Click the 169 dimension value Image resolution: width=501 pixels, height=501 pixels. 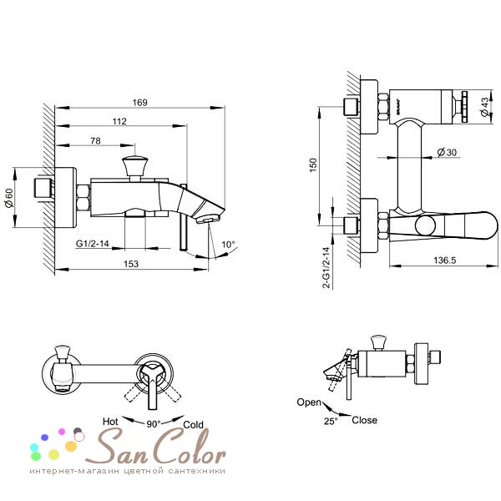click(x=140, y=103)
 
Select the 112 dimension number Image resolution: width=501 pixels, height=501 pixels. click(x=119, y=121)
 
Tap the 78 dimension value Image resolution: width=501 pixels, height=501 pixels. click(x=95, y=141)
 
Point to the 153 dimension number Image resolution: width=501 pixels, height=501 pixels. click(x=131, y=264)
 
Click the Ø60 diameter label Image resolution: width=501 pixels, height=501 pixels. click(x=9, y=198)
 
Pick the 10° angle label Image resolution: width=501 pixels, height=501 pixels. click(x=228, y=245)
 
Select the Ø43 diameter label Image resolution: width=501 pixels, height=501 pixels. click(x=484, y=107)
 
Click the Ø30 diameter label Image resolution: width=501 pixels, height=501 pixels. click(x=447, y=153)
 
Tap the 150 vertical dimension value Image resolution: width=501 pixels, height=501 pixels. click(x=313, y=164)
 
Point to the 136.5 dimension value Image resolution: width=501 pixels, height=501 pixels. click(x=445, y=261)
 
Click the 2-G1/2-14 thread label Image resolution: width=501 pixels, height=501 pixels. click(x=326, y=268)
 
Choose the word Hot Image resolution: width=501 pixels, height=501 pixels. click(x=110, y=422)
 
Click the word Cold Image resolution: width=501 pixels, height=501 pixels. click(x=194, y=425)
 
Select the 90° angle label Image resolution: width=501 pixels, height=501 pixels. click(x=154, y=424)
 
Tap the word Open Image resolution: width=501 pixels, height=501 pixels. click(x=309, y=402)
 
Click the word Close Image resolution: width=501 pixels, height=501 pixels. click(x=364, y=420)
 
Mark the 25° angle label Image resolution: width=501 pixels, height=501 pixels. click(x=331, y=421)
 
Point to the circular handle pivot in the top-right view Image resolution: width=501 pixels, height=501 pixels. click(x=425, y=226)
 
